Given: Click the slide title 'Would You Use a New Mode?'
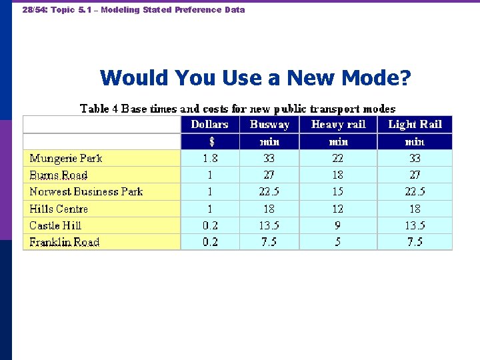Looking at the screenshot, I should pyautogui.click(x=255, y=78).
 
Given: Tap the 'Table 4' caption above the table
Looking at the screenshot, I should pyautogui.click(x=237, y=109).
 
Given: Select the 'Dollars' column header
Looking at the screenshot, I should pyautogui.click(x=209, y=125).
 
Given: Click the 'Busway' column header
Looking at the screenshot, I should pyautogui.click(x=269, y=125).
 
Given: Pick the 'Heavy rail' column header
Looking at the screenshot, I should pyautogui.click(x=338, y=125).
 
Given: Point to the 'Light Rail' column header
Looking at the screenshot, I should pyautogui.click(x=415, y=125).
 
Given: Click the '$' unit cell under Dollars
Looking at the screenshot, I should pyautogui.click(x=209, y=141).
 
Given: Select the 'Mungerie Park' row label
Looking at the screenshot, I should pyautogui.click(x=66, y=159).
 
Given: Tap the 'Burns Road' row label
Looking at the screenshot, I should pyautogui.click(x=59, y=175).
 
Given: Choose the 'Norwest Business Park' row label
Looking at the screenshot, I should pyautogui.click(x=86, y=192).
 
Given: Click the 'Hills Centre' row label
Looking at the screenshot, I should pyautogui.click(x=59, y=209).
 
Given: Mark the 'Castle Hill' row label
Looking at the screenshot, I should pyautogui.click(x=55, y=225).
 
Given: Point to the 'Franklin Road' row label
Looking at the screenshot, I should pyautogui.click(x=64, y=242).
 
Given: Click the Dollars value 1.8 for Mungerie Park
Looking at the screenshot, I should pyautogui.click(x=209, y=159).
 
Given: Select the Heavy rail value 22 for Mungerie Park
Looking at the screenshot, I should pyautogui.click(x=338, y=159).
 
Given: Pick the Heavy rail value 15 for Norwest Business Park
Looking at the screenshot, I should pyautogui.click(x=338, y=192).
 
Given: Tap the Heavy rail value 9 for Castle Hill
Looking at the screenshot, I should pyautogui.click(x=338, y=225).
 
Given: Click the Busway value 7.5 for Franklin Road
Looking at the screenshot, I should pyautogui.click(x=269, y=242).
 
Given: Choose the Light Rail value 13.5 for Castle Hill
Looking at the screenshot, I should pyautogui.click(x=415, y=225).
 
